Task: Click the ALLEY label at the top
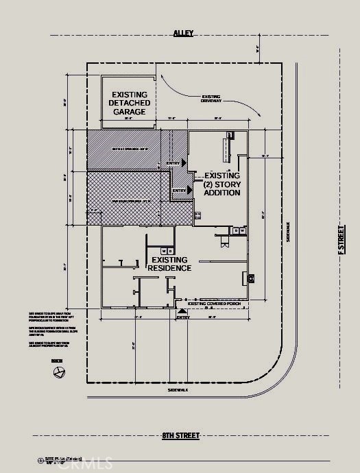coord(183,32)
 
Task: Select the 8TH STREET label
coord(180,435)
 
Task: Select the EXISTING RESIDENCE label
coord(171,264)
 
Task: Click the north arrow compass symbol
coord(59,372)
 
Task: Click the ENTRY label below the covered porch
coord(182,317)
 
